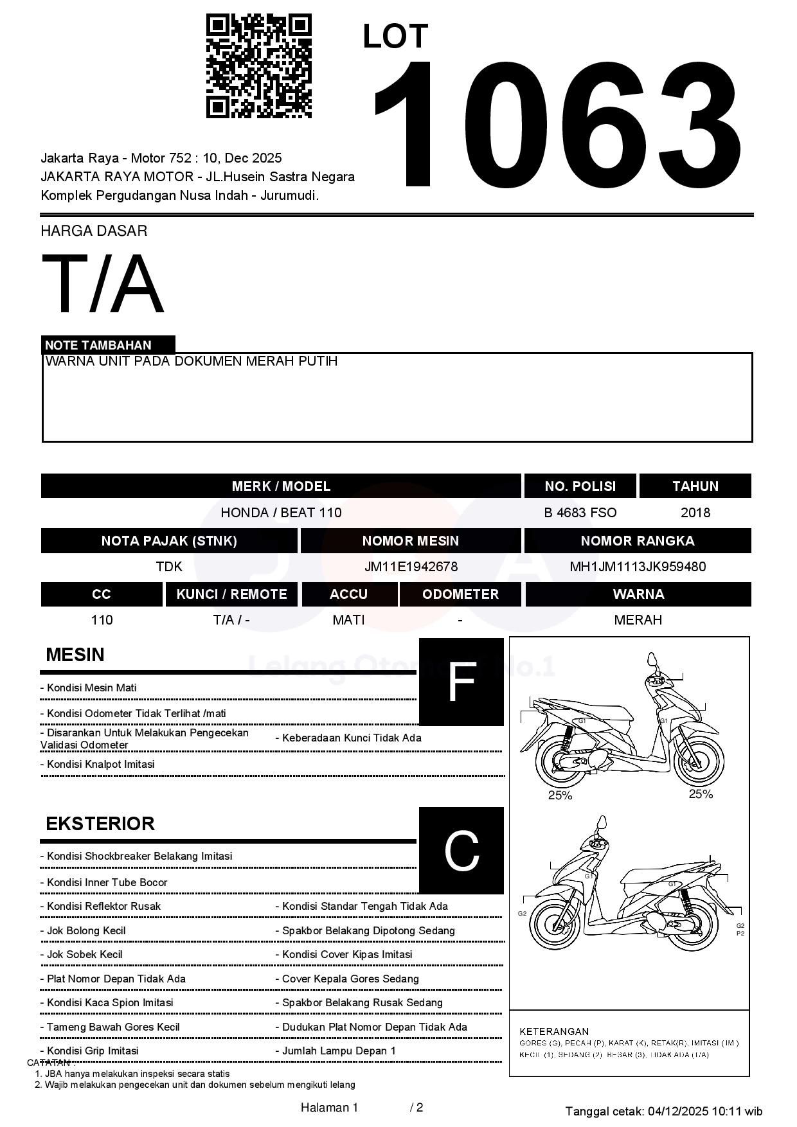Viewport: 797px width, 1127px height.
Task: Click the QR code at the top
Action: pyautogui.click(x=258, y=66)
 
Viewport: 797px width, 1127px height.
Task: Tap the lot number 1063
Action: pyautogui.click(x=557, y=125)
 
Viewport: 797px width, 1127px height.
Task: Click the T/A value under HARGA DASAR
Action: pyautogui.click(x=103, y=283)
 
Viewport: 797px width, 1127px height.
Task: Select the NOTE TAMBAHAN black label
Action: pyautogui.click(x=108, y=345)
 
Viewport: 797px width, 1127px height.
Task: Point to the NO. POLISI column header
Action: pyautogui.click(x=580, y=486)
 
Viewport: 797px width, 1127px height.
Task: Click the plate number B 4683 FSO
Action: pyautogui.click(x=580, y=513)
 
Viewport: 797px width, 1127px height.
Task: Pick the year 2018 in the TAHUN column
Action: pyautogui.click(x=695, y=513)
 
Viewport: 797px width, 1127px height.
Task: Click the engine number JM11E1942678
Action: pyautogui.click(x=411, y=567)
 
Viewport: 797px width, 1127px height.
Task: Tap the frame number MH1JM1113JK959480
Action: pyautogui.click(x=638, y=567)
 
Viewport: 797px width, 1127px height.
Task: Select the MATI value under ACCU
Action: pyautogui.click(x=348, y=620)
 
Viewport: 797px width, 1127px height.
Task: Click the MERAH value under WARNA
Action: pyautogui.click(x=638, y=620)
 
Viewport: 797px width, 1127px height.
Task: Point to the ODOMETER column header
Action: pyautogui.click(x=460, y=594)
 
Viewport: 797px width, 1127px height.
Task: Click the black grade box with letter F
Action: pyautogui.click(x=461, y=682)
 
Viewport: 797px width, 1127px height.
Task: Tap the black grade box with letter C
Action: pyautogui.click(x=461, y=850)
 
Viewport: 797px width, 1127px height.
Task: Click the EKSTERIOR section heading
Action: pyautogui.click(x=100, y=824)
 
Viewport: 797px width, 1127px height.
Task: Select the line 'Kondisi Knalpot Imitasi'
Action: pyautogui.click(x=100, y=765)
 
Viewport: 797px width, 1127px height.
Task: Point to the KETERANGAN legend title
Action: pyautogui.click(x=553, y=1031)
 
